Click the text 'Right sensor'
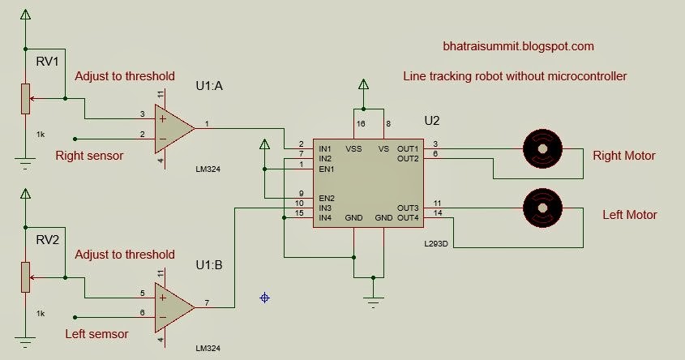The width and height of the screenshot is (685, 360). [x=89, y=155]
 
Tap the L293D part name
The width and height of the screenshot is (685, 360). [x=435, y=242]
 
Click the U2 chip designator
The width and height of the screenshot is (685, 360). [x=432, y=120]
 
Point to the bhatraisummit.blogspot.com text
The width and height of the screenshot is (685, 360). [x=518, y=47]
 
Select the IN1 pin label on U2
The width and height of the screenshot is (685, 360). [x=325, y=149]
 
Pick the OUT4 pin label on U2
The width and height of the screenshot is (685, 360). [x=408, y=217]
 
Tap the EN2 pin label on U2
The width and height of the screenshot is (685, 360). [x=326, y=199]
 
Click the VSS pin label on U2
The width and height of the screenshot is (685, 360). [x=354, y=149]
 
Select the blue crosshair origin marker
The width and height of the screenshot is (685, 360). [x=264, y=298]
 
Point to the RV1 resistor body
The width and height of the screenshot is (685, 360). [x=25, y=100]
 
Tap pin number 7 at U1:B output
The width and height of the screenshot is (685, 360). [x=207, y=304]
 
